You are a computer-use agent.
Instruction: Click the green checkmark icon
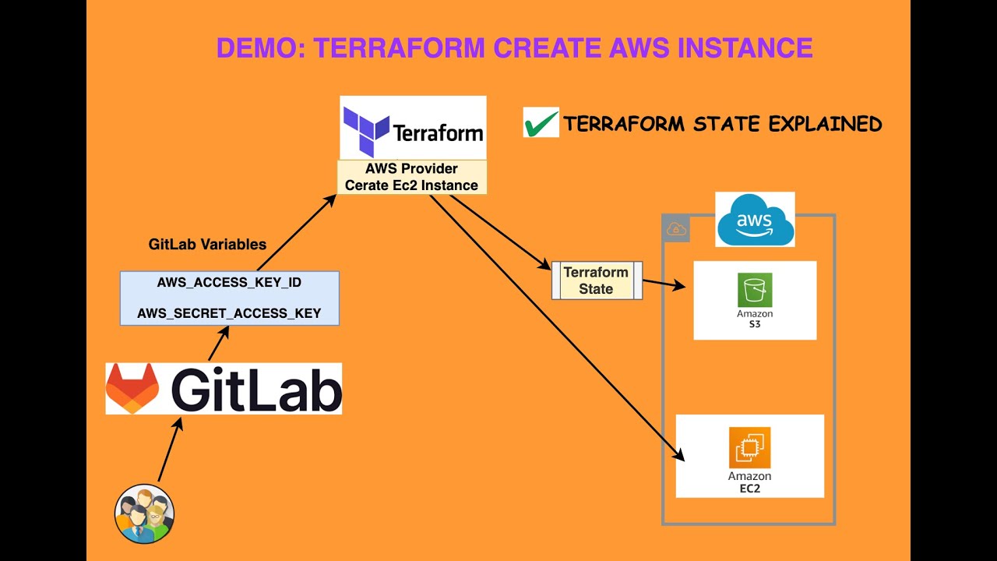(541, 123)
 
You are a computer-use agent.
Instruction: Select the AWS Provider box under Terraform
(412, 177)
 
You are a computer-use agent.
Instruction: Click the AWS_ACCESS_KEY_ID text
(229, 283)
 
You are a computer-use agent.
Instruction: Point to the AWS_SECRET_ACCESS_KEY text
(229, 313)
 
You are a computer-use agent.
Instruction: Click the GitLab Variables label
(207, 245)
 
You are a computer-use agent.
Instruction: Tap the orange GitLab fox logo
(132, 388)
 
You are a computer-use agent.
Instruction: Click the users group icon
(144, 513)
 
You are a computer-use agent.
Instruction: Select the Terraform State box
(597, 280)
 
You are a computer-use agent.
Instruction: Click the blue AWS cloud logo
(755, 219)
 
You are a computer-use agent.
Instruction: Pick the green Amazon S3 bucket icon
(755, 290)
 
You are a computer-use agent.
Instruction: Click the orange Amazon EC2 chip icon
(749, 447)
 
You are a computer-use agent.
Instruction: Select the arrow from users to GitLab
(171, 450)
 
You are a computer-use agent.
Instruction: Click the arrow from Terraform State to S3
(664, 284)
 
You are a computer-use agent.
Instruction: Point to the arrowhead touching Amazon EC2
(678, 455)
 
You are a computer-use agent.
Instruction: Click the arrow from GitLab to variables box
(219, 344)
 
